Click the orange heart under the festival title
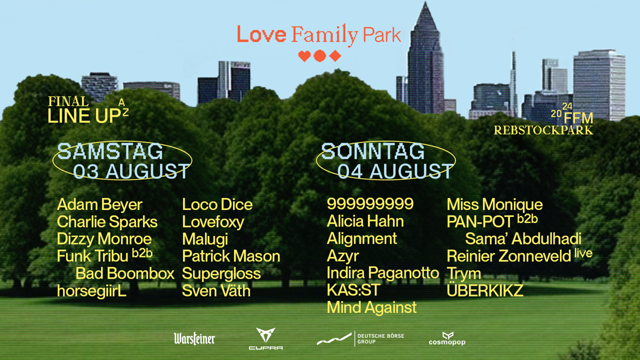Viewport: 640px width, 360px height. coord(304,56)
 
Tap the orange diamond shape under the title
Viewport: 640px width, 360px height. coord(335,56)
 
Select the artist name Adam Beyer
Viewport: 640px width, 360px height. coord(99,205)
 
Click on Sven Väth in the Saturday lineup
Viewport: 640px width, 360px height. coord(216,291)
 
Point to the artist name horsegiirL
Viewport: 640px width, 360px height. coord(91,291)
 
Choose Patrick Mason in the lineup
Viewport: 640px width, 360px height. coord(231,256)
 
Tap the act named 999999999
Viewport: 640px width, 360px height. coord(370,203)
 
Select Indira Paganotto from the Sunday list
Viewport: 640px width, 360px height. coord(383,273)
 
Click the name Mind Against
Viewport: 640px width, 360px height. coord(371,308)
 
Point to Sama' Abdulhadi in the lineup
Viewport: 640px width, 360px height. coord(523,239)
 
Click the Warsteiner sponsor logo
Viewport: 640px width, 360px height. coord(194,339)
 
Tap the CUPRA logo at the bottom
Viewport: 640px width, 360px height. coord(265,339)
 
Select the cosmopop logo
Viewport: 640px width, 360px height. coord(447,339)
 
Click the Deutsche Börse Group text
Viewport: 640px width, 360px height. coord(380,339)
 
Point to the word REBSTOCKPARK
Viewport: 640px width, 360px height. coord(543,130)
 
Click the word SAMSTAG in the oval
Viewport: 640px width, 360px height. coord(110,151)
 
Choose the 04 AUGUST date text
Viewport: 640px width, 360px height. coord(395,171)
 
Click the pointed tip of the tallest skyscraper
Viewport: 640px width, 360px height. coord(425,2)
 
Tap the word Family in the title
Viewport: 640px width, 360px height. coord(325,35)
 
